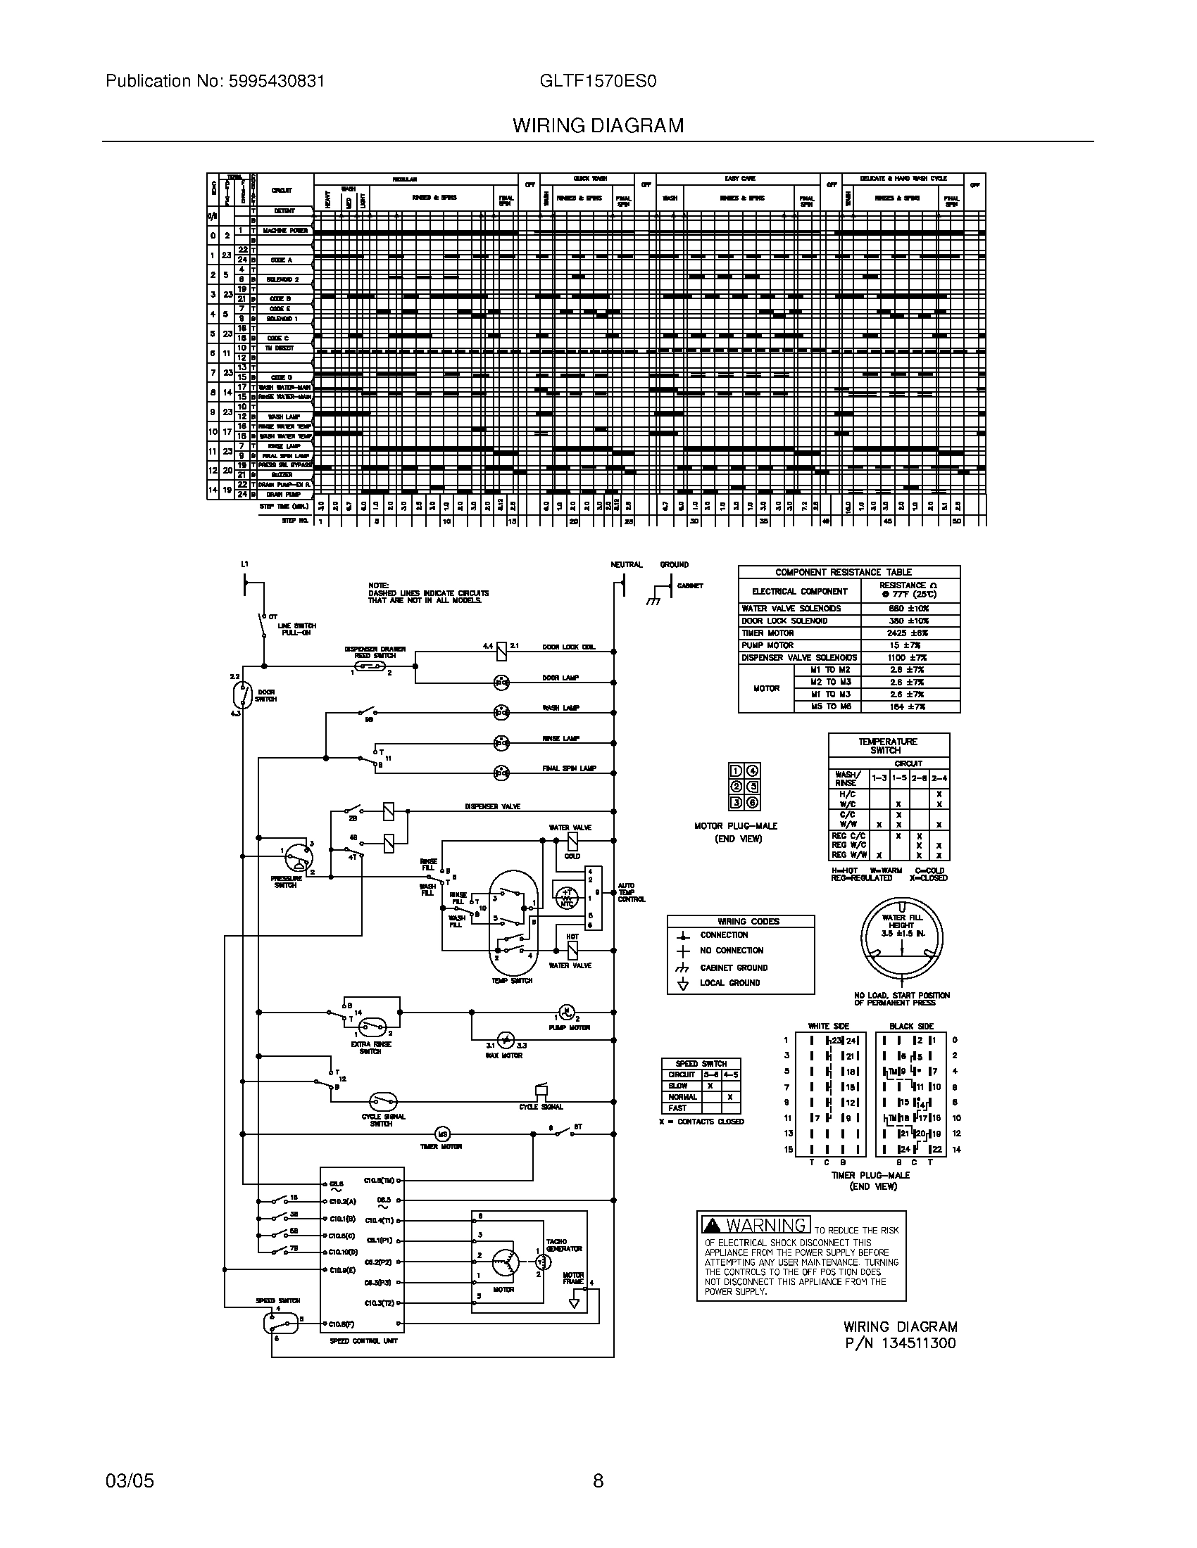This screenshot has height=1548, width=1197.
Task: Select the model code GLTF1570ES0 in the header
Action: pyautogui.click(x=598, y=81)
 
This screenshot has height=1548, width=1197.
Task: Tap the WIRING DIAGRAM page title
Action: pyautogui.click(x=598, y=126)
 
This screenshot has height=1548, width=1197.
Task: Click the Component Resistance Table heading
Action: pyautogui.click(x=848, y=572)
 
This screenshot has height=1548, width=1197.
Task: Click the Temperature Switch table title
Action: pyautogui.click(x=888, y=746)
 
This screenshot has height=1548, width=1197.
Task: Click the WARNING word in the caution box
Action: pyautogui.click(x=765, y=1225)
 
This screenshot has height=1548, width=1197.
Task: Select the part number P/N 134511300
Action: pyautogui.click(x=900, y=1343)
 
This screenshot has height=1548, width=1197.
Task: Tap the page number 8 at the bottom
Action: pyautogui.click(x=598, y=1480)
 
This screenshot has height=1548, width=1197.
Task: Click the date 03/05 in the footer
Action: pyautogui.click(x=130, y=1480)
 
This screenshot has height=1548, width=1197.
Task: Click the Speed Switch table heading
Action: pyautogui.click(x=701, y=1063)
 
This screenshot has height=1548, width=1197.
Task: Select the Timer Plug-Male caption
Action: pyautogui.click(x=870, y=1175)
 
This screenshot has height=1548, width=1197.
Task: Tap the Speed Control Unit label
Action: pyautogui.click(x=363, y=1340)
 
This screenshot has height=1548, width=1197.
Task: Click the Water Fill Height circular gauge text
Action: pyautogui.click(x=902, y=925)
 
